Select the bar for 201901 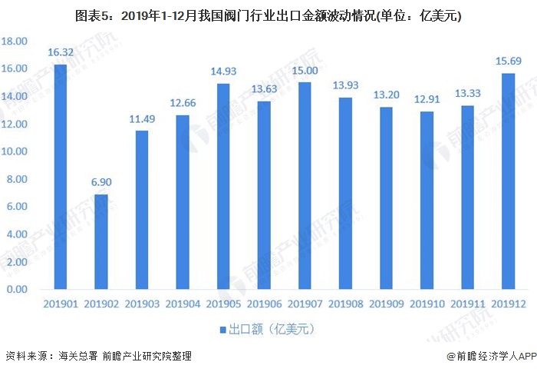(60, 177)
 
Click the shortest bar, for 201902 (100, 242)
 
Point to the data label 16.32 (60, 53)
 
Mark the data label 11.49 (141, 120)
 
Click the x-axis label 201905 (222, 304)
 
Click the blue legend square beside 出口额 (223, 329)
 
